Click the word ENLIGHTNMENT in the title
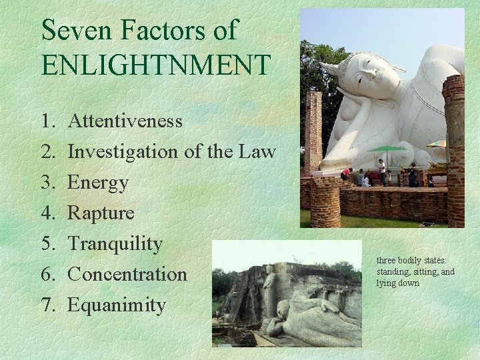point(156,65)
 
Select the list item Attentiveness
point(125,121)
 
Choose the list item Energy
point(98,183)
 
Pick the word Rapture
point(101,213)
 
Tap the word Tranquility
point(115,244)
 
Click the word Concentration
point(127,274)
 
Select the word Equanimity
point(117,305)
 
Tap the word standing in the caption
point(393,271)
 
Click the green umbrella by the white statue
point(386,148)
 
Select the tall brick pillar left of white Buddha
point(313,133)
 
